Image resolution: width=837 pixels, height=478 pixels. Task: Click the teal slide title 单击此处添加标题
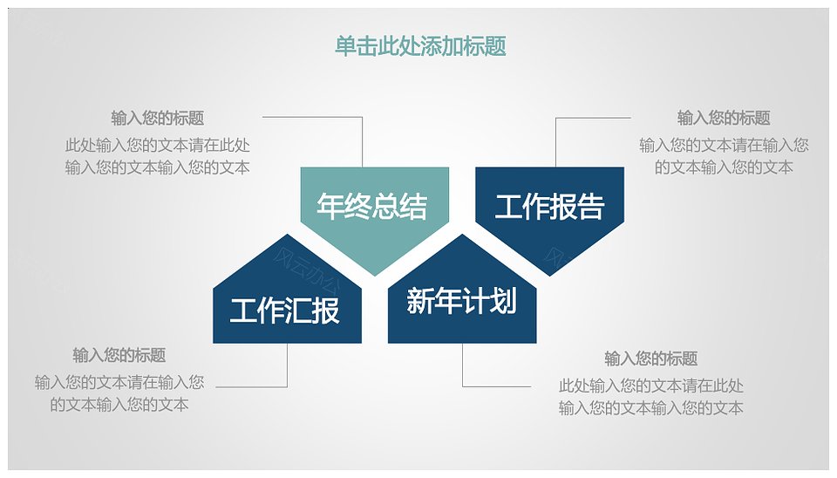pos(420,46)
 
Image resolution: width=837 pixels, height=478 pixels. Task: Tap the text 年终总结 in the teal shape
pos(372,206)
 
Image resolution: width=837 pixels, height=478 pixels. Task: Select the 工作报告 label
pos(549,206)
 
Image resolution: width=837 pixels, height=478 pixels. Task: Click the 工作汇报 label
pos(284,310)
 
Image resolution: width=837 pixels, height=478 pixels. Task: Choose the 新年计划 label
pos(462,300)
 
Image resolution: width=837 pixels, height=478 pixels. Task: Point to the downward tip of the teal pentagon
pos(375,277)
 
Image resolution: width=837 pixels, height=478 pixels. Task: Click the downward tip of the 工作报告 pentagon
pos(550,277)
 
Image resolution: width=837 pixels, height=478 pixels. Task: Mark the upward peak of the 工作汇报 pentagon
pos(287,234)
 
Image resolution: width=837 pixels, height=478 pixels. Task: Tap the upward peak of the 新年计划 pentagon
pos(462,234)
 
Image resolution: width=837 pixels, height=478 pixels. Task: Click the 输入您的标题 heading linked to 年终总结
pos(158,118)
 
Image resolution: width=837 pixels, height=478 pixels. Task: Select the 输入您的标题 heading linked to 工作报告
pos(724,118)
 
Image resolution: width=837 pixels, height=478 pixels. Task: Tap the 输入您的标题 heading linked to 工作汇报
pos(119,355)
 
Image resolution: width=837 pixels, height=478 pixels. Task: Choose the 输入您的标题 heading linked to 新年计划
pos(650,358)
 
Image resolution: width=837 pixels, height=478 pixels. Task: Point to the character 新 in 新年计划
pos(419,300)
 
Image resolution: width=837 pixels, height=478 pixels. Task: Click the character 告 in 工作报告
pos(591,206)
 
